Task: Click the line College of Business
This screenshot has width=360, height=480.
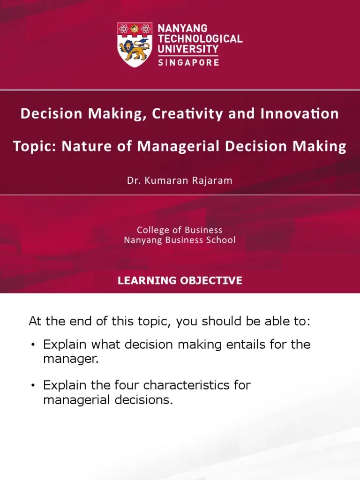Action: click(180, 230)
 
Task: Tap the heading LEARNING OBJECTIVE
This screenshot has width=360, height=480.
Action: click(180, 281)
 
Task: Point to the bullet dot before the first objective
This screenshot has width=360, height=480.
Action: click(33, 345)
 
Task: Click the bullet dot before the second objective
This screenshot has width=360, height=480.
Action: click(33, 386)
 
